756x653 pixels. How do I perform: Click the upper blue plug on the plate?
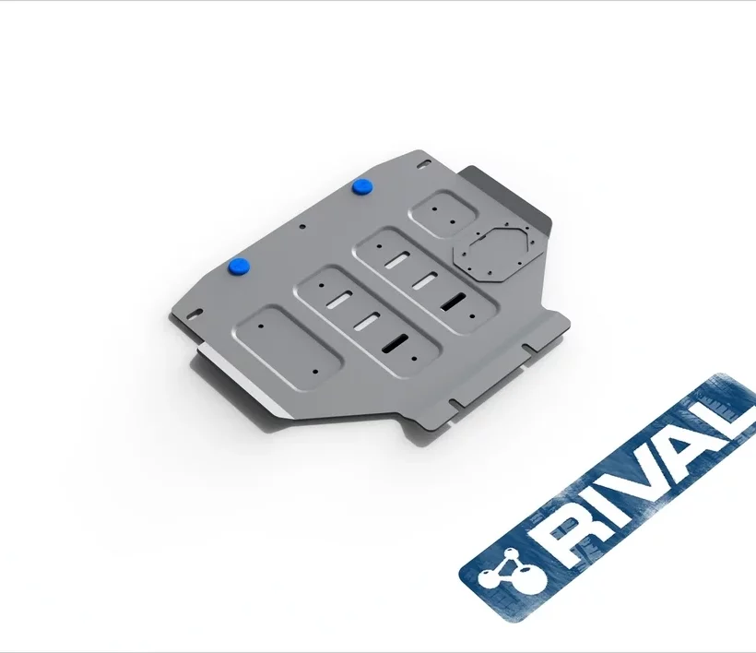361,186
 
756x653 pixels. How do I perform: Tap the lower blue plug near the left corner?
239,267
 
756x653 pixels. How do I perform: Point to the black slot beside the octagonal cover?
454,301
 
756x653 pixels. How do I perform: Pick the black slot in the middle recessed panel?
395,342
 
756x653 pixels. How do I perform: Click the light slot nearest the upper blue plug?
397,259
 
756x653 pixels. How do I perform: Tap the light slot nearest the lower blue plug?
339,300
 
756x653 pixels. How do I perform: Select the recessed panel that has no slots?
288,347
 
